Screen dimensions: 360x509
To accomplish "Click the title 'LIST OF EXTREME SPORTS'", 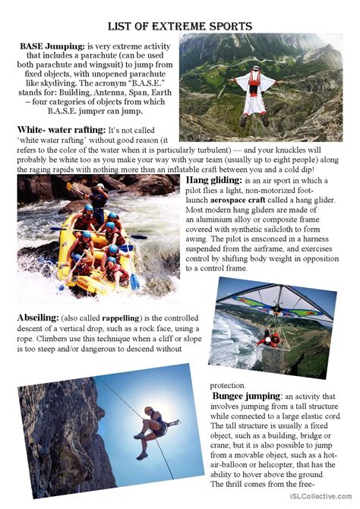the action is [x=180, y=26].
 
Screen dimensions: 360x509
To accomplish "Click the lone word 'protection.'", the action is [x=228, y=385].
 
